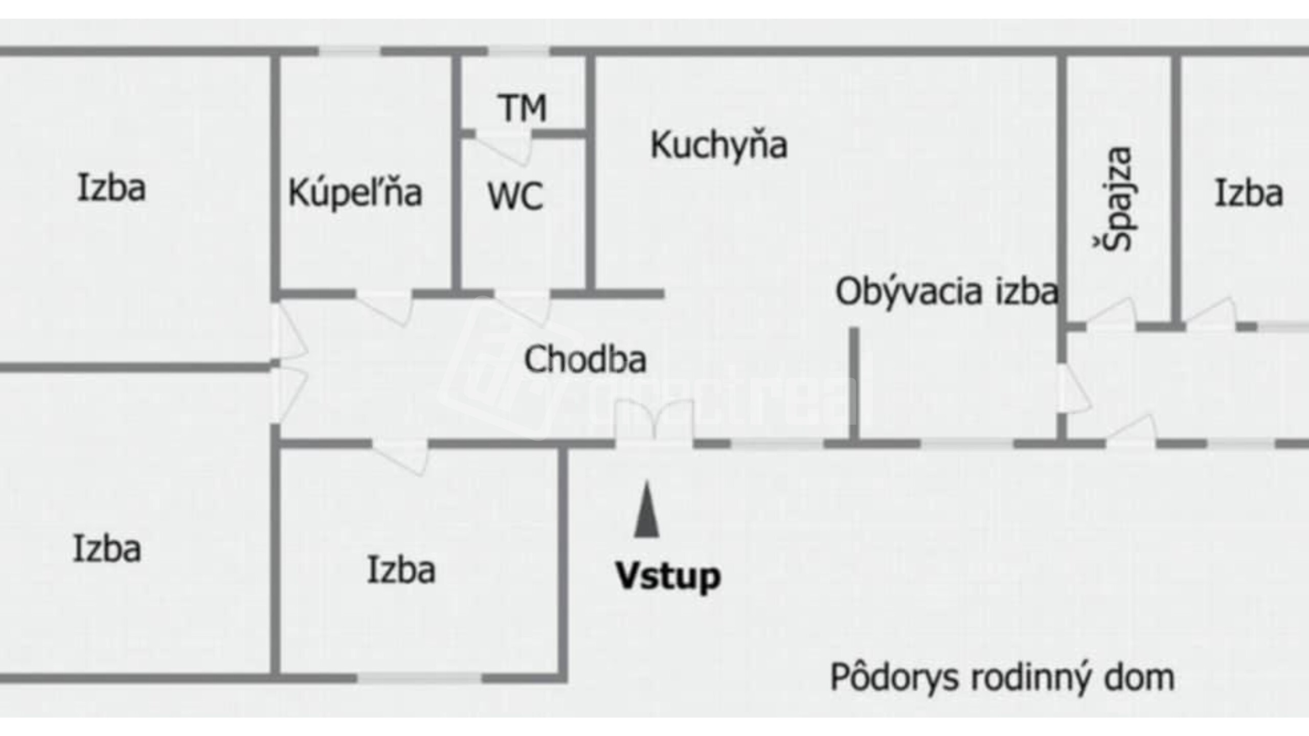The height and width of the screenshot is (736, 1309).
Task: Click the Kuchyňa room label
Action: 718,146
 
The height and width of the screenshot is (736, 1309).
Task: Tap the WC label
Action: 515,196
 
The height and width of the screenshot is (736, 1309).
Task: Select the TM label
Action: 522,108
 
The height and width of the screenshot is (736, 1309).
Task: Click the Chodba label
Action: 585,359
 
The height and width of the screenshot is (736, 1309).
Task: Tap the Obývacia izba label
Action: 946,292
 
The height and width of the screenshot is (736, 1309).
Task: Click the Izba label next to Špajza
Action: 1249,194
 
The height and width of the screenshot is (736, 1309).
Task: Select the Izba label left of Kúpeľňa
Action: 111,188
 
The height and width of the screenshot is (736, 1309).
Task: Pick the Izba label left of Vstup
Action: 401,570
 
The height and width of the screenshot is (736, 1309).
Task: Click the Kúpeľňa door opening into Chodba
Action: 385,307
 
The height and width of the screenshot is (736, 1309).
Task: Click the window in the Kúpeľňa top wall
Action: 350,51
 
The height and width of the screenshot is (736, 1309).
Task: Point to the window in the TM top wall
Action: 518,51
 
